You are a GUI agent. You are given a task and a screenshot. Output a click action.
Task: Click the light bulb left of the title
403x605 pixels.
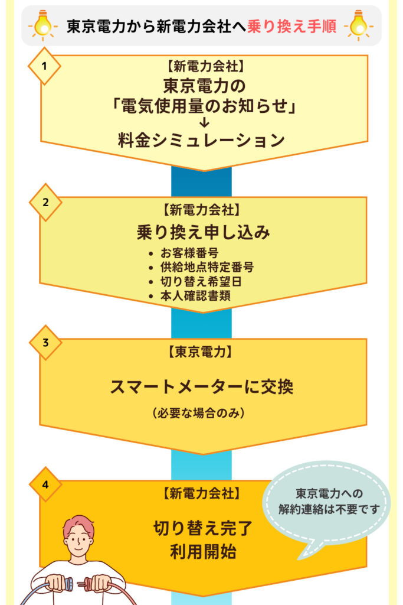(43, 25)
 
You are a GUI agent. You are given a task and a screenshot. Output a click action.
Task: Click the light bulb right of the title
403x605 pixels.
(360, 25)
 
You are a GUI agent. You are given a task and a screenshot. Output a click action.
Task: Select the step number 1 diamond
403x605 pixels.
(45, 66)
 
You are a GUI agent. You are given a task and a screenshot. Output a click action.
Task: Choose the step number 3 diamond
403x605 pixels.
(45, 343)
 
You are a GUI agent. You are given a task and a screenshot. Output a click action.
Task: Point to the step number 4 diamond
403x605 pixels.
(45, 484)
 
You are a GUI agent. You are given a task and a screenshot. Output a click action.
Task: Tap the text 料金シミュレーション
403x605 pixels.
(204, 141)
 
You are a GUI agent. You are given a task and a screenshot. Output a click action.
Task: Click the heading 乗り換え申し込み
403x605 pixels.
(204, 232)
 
